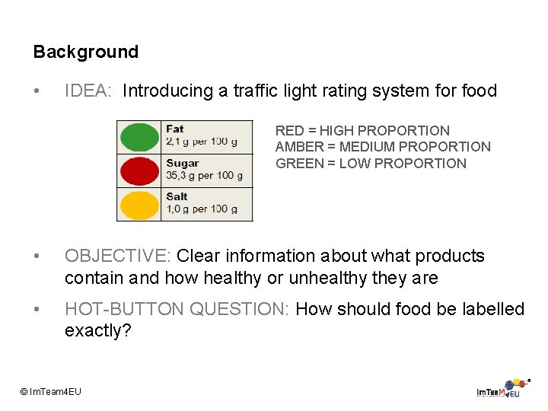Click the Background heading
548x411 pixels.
coord(85,52)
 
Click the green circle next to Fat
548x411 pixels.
coord(138,137)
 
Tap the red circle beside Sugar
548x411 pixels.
coord(138,171)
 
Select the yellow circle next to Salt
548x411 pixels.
coord(138,205)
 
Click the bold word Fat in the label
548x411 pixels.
coord(175,129)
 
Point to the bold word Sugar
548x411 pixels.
coord(182,163)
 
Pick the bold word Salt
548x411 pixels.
coord(177,196)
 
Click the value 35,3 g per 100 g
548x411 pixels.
coord(204,175)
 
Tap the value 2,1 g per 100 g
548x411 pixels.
coord(201,142)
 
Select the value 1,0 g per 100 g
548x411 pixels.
coord(201,209)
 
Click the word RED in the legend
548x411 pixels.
coord(289,131)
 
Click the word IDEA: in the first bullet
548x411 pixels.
coord(88,91)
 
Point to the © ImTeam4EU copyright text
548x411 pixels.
coord(50,391)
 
